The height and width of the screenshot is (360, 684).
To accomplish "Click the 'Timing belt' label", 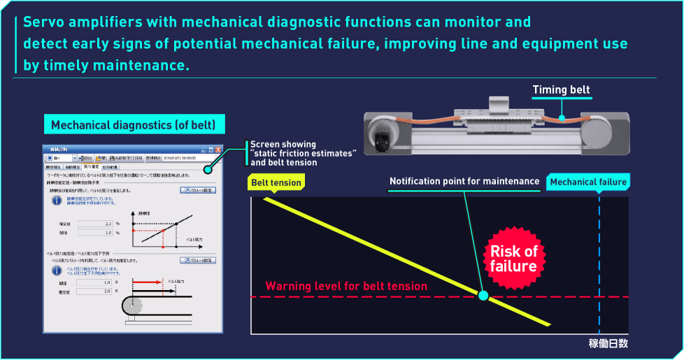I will point(561,90).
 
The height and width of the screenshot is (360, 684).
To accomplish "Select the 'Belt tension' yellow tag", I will point(276,183).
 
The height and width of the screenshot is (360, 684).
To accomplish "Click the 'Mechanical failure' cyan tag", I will point(588,182).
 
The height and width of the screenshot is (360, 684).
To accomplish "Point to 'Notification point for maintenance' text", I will point(464,182).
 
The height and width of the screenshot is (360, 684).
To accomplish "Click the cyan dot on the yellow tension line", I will point(483,296).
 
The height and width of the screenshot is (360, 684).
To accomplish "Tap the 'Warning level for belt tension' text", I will point(346,286).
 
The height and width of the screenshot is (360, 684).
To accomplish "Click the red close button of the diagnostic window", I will point(218,150).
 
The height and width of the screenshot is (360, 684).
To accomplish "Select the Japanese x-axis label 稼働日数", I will point(608,343).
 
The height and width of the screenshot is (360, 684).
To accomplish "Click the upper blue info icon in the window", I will point(57,201).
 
